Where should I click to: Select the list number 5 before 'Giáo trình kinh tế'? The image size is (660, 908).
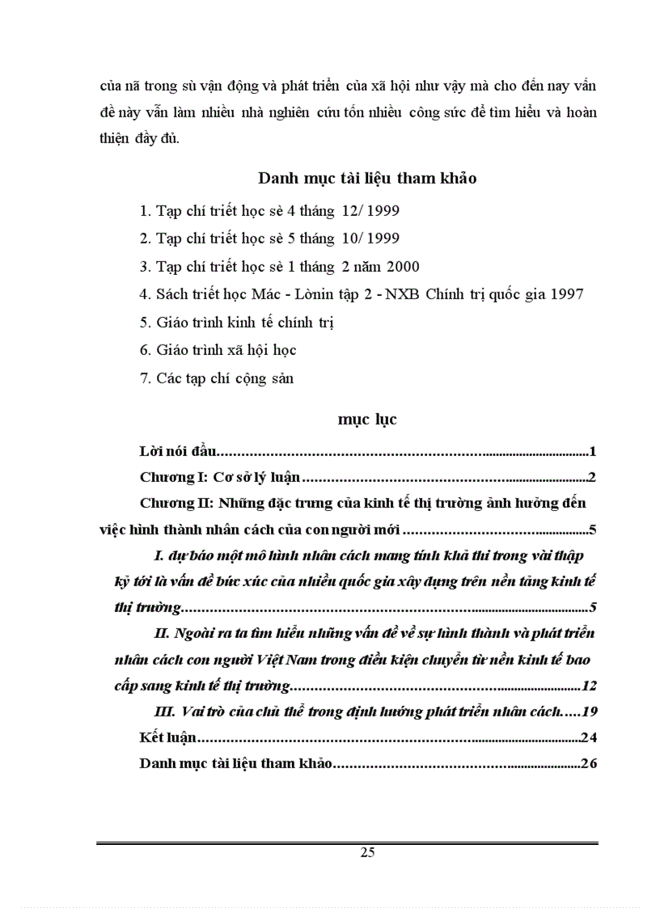click(144, 322)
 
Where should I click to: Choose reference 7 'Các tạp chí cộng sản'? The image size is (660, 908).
click(217, 378)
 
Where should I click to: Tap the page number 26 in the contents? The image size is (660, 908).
click(589, 763)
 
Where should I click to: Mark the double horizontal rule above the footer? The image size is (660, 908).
click(347, 843)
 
